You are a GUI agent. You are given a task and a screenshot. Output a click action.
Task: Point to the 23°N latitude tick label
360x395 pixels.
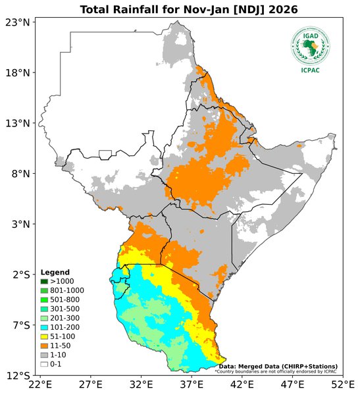click(x=18, y=22)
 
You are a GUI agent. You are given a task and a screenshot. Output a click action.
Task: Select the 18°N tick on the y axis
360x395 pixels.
click(x=18, y=73)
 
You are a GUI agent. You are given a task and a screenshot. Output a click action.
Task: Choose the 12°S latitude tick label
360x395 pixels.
click(x=18, y=376)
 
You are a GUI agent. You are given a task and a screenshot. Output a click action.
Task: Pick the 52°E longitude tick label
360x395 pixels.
click(x=343, y=384)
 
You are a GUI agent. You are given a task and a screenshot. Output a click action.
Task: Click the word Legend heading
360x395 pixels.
click(x=54, y=273)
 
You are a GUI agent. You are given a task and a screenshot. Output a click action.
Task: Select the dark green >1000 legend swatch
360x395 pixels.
click(x=44, y=281)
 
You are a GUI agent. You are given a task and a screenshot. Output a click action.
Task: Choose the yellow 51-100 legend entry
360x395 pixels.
click(x=60, y=336)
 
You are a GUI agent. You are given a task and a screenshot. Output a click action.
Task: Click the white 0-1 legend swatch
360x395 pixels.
click(x=44, y=363)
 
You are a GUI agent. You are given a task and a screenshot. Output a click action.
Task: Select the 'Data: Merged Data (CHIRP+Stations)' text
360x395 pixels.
click(x=278, y=366)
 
